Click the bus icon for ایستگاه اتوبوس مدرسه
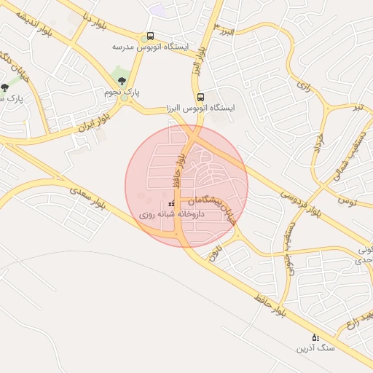click(149, 36)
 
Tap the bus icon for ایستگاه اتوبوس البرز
click(200, 97)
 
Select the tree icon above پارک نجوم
click(121, 81)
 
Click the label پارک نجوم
click(122, 93)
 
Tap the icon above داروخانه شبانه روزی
click(172, 204)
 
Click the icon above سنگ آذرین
click(315, 337)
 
